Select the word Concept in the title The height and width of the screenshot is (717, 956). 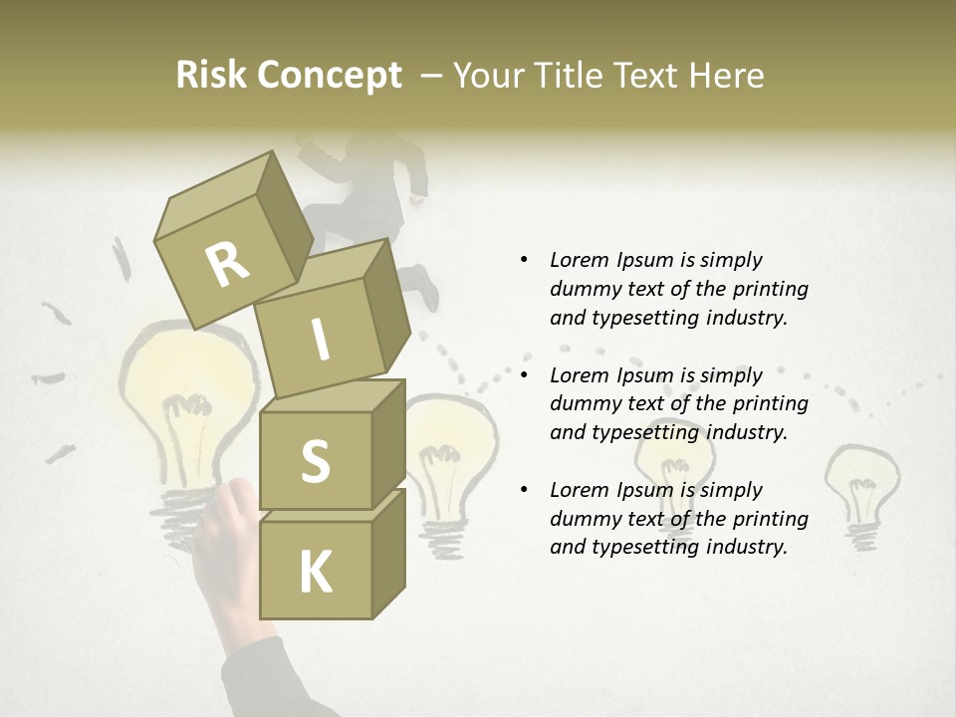point(330,76)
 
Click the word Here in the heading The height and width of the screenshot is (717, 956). point(726,76)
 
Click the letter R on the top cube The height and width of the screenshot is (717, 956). point(227,264)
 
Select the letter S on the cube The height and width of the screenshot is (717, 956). point(315,461)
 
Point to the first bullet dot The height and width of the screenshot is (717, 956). point(524,261)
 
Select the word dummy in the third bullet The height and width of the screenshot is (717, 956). point(586,519)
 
